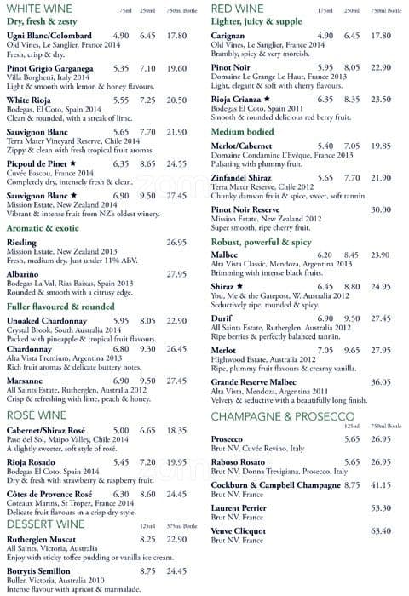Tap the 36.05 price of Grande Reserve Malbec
[379, 382]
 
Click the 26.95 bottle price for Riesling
[176, 243]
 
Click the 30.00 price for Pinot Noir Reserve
[379, 209]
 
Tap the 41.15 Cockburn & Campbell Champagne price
[379, 485]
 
